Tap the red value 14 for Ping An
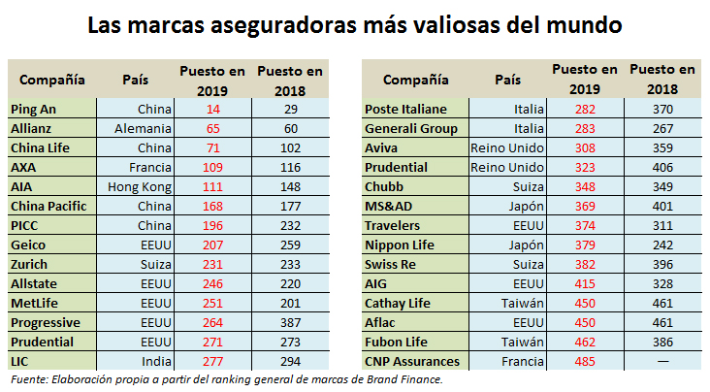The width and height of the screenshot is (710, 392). click(x=213, y=109)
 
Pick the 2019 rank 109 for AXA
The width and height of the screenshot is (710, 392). click(x=213, y=167)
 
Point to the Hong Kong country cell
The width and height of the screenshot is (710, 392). click(x=141, y=186)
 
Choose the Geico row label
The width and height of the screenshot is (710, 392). click(x=29, y=245)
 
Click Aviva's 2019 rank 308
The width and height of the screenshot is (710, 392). click(x=584, y=147)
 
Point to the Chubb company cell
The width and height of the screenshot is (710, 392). click(x=384, y=186)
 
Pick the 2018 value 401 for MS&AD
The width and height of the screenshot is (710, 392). click(x=662, y=206)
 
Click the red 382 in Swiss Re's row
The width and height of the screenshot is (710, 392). click(x=584, y=264)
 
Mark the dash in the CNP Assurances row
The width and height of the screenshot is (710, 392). click(x=662, y=361)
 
